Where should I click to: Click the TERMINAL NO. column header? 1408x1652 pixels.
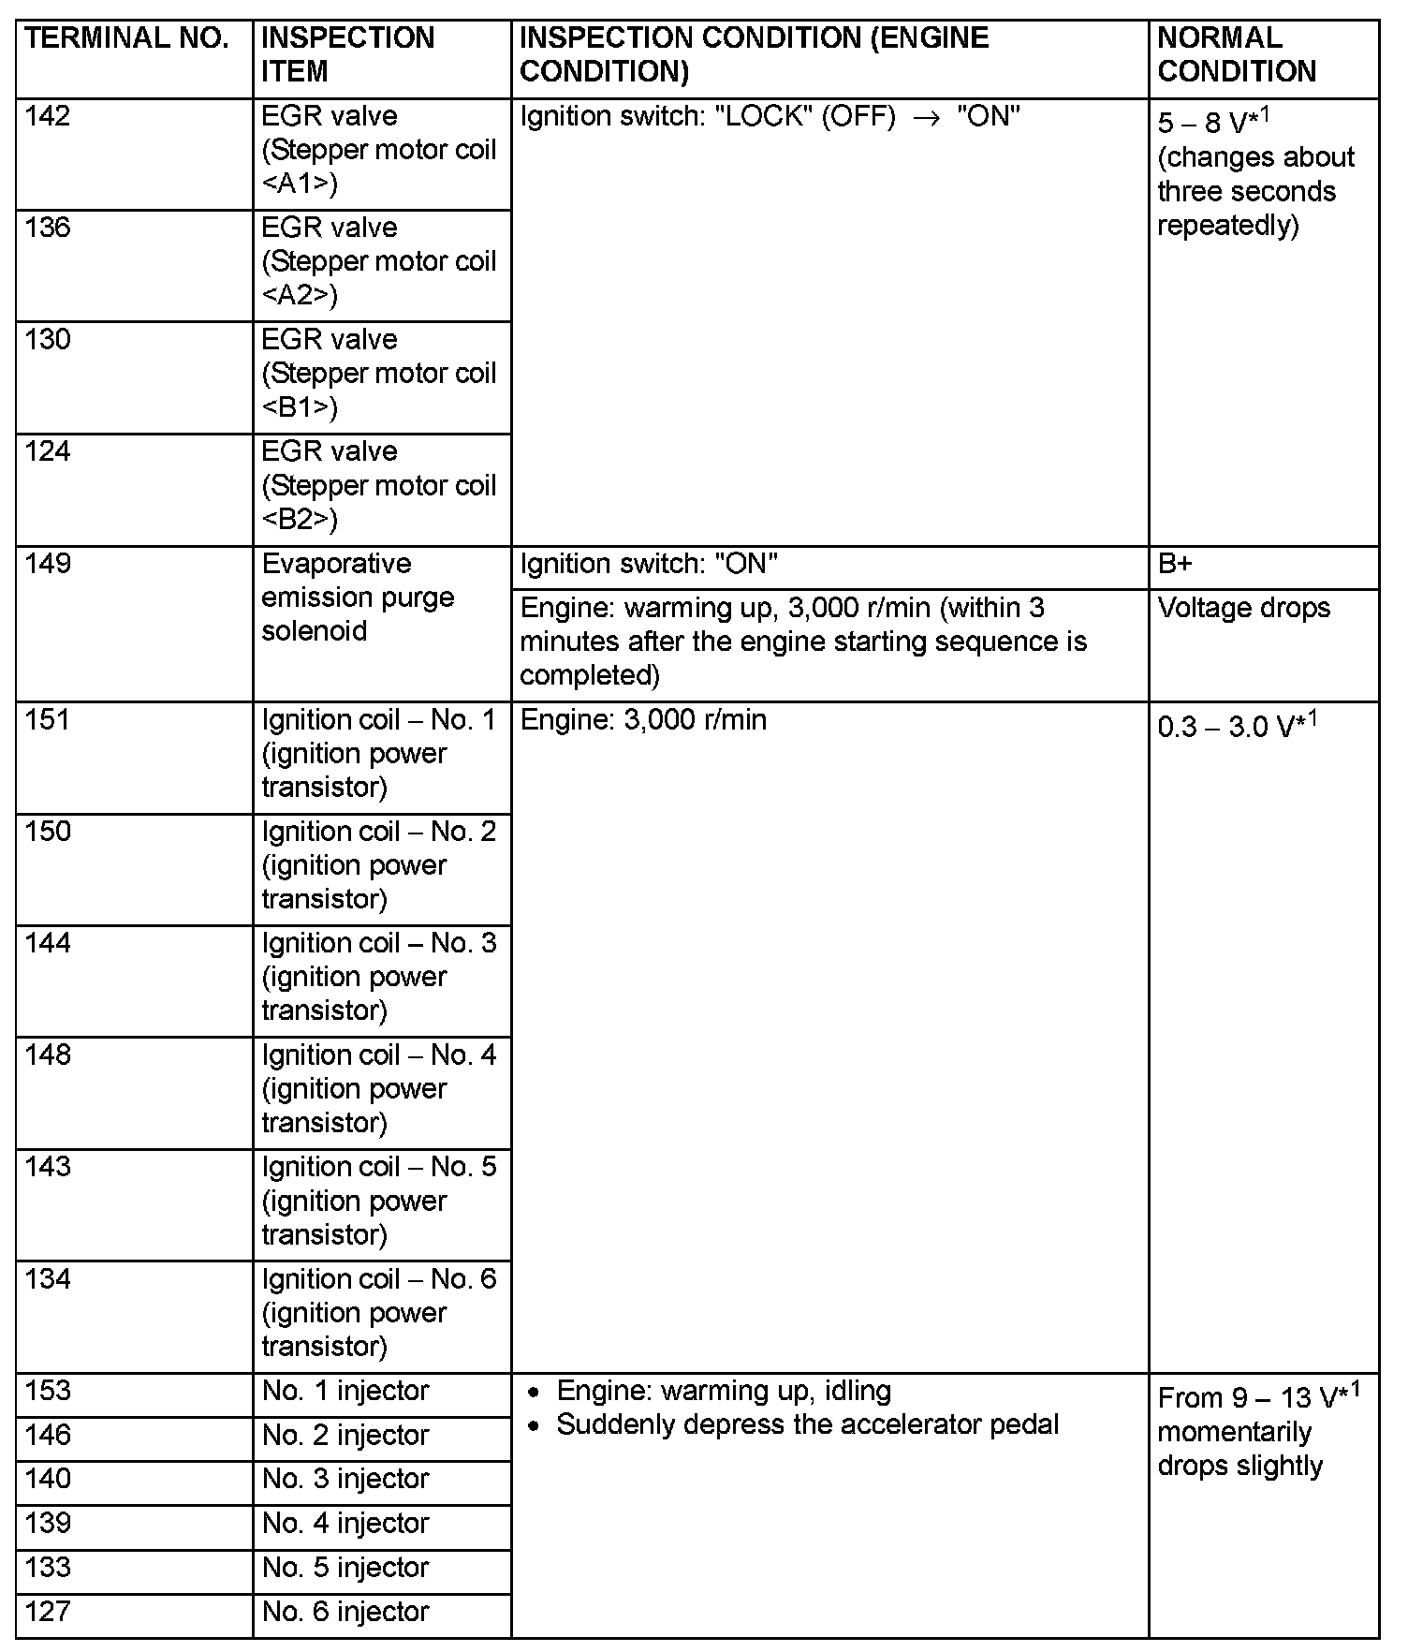[127, 39]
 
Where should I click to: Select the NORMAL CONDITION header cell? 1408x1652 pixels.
[1237, 55]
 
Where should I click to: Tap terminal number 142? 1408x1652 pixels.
[48, 117]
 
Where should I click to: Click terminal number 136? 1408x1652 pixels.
[48, 229]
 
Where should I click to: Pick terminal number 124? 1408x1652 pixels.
[48, 452]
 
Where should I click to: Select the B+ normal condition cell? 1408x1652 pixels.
[1175, 565]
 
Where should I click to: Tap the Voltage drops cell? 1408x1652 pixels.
[1243, 609]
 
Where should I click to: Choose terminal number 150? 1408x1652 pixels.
[48, 832]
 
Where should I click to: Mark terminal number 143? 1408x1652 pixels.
[48, 1167]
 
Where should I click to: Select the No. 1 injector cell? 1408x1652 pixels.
[345, 1392]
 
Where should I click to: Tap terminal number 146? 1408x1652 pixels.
[48, 1436]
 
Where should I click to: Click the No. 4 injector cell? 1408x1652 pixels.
[345, 1524]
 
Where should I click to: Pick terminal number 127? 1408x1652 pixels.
[48, 1612]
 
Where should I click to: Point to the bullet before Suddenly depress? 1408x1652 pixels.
[534, 1427]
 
